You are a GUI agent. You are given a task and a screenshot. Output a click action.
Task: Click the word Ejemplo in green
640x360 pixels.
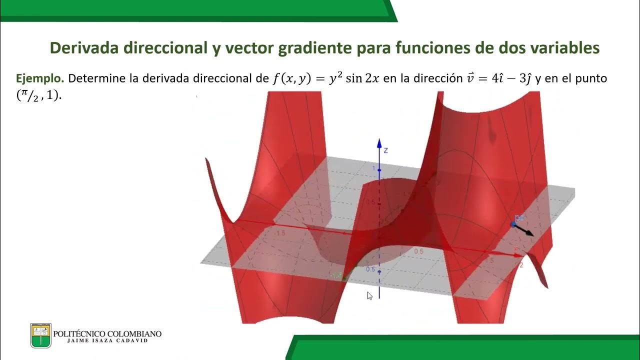(40, 78)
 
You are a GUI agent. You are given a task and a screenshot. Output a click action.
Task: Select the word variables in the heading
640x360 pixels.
(559, 48)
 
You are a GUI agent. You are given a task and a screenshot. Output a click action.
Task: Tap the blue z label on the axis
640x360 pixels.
(386, 149)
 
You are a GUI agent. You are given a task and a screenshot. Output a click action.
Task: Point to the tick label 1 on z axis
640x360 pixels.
(373, 169)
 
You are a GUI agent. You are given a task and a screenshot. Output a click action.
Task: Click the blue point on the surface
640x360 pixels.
(513, 224)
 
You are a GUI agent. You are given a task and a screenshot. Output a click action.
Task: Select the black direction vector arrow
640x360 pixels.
(524, 230)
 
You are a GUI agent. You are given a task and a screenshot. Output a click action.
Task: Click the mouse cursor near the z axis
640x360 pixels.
(369, 296)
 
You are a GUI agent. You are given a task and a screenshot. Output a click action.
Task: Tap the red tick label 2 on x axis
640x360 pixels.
(521, 264)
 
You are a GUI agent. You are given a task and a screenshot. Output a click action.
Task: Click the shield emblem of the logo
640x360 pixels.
(40, 335)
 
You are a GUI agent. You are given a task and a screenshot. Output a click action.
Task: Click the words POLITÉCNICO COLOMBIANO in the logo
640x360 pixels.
(107, 333)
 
